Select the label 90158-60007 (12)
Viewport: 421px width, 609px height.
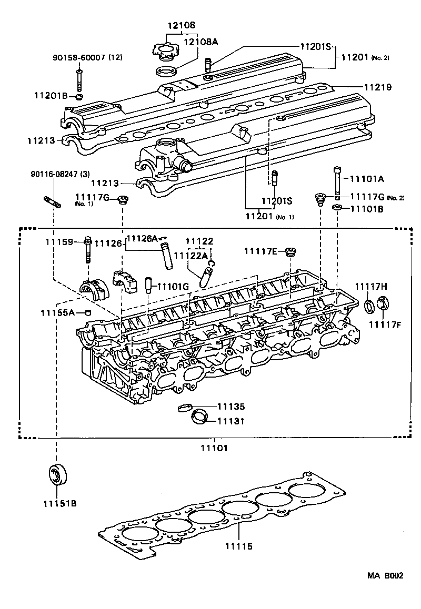[x=87, y=57]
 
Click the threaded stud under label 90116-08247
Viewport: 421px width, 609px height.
[x=51, y=201]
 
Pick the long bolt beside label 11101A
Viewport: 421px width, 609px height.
[x=337, y=181]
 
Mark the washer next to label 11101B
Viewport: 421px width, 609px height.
[x=337, y=209]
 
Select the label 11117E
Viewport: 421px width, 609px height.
[x=261, y=251]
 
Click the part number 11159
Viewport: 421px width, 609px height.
[x=59, y=242]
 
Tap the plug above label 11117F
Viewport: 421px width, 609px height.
[x=383, y=303]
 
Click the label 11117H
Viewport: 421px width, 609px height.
[x=370, y=286]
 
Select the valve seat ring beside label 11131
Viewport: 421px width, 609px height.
[x=199, y=417]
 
